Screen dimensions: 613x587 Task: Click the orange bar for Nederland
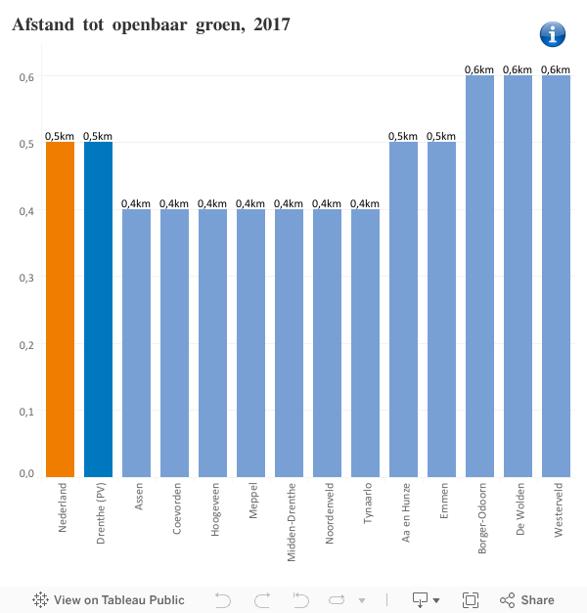pyautogui.click(x=60, y=309)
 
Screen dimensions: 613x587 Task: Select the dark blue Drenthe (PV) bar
pyautogui.click(x=98, y=309)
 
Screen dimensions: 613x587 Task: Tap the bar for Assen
pyautogui.click(x=136, y=342)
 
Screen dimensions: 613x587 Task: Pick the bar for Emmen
pyautogui.click(x=441, y=309)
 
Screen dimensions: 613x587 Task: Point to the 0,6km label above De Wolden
pyautogui.click(x=518, y=69)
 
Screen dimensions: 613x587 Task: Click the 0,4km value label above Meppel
pyautogui.click(x=250, y=203)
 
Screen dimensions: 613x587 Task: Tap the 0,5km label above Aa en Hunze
pyautogui.click(x=403, y=136)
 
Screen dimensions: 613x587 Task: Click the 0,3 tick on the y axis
pyautogui.click(x=28, y=278)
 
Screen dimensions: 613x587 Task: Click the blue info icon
pyautogui.click(x=553, y=33)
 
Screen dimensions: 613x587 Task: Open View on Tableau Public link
pyautogui.click(x=109, y=600)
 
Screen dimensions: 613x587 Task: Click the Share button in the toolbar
pyautogui.click(x=527, y=600)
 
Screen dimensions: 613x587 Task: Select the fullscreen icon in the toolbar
pyautogui.click(x=470, y=600)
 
